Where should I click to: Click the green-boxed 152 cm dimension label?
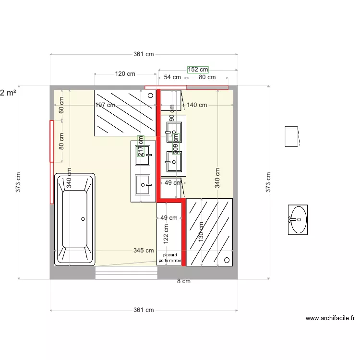pyautogui.click(x=198, y=70)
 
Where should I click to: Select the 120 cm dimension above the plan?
pyautogui.click(x=125, y=74)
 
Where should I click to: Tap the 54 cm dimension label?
pyautogui.click(x=172, y=77)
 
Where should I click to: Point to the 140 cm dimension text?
pyautogui.click(x=197, y=105)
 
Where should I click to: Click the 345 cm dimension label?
pyautogui.click(x=144, y=251)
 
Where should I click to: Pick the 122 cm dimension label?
pyautogui.click(x=166, y=233)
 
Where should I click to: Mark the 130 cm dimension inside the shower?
pyautogui.click(x=201, y=231)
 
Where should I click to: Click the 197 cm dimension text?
pyautogui.click(x=105, y=105)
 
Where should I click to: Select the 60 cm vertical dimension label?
pyautogui.click(x=61, y=105)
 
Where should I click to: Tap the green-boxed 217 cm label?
pyautogui.click(x=141, y=146)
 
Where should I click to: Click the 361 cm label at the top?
pyautogui.click(x=144, y=54)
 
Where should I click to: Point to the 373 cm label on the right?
pyautogui.click(x=268, y=182)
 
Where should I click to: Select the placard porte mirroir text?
pyautogui.click(x=170, y=258)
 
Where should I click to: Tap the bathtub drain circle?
pyautogui.click(x=83, y=219)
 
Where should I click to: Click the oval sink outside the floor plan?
pyautogui.click(x=298, y=219)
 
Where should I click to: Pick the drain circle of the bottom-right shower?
pyautogui.click(x=226, y=260)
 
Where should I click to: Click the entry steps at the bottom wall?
pyautogui.click(x=126, y=273)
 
